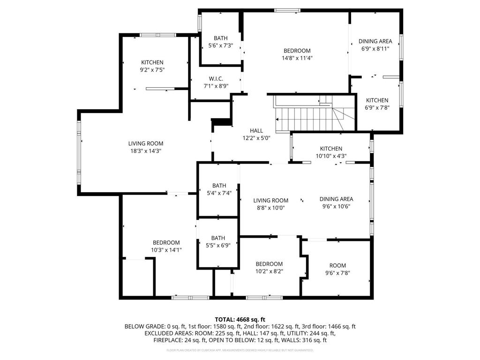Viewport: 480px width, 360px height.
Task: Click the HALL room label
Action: pos(256,130)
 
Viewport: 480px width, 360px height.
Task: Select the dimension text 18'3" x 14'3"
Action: pos(146,151)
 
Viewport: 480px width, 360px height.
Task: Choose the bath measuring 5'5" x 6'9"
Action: pos(218,241)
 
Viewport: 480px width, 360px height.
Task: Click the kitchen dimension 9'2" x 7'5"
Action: pos(152,70)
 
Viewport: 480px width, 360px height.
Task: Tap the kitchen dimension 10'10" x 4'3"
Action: pos(331,156)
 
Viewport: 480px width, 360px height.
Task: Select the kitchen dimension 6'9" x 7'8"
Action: pos(377,107)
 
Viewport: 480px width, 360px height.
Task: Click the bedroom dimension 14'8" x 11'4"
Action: pos(297,58)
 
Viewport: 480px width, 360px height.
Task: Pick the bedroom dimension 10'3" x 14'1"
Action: pos(166,250)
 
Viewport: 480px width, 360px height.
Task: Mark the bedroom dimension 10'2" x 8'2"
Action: pos(269,271)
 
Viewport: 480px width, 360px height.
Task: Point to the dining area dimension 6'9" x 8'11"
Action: pos(375,48)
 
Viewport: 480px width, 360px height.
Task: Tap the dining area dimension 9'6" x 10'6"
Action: pos(336,206)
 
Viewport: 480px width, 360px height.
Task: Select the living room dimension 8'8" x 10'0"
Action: pos(271,208)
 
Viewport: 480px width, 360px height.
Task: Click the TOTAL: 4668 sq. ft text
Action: pos(240,319)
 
